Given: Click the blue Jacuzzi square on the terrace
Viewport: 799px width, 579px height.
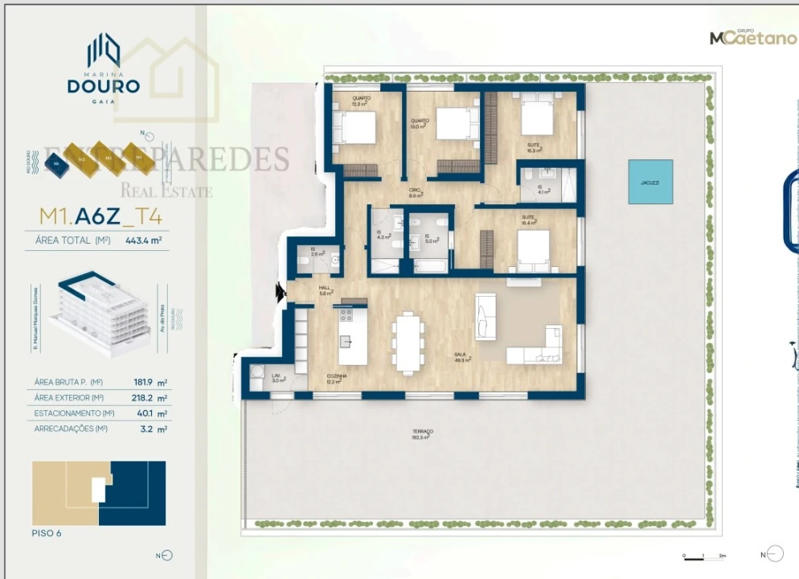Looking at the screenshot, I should pyautogui.click(x=650, y=182).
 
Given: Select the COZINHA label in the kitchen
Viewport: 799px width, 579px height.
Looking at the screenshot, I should pyautogui.click(x=337, y=378).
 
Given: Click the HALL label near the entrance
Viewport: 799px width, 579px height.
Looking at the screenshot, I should pyautogui.click(x=325, y=289).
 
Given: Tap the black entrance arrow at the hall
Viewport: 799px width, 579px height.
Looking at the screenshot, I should pyautogui.click(x=281, y=293).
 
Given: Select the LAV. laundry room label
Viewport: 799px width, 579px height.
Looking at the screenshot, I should pyautogui.click(x=276, y=377).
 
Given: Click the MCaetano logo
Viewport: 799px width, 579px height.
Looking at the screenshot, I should pyautogui.click(x=752, y=37).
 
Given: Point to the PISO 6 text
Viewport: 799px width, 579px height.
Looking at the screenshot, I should pyautogui.click(x=47, y=533).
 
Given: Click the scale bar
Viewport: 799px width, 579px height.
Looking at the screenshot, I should pyautogui.click(x=705, y=555).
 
